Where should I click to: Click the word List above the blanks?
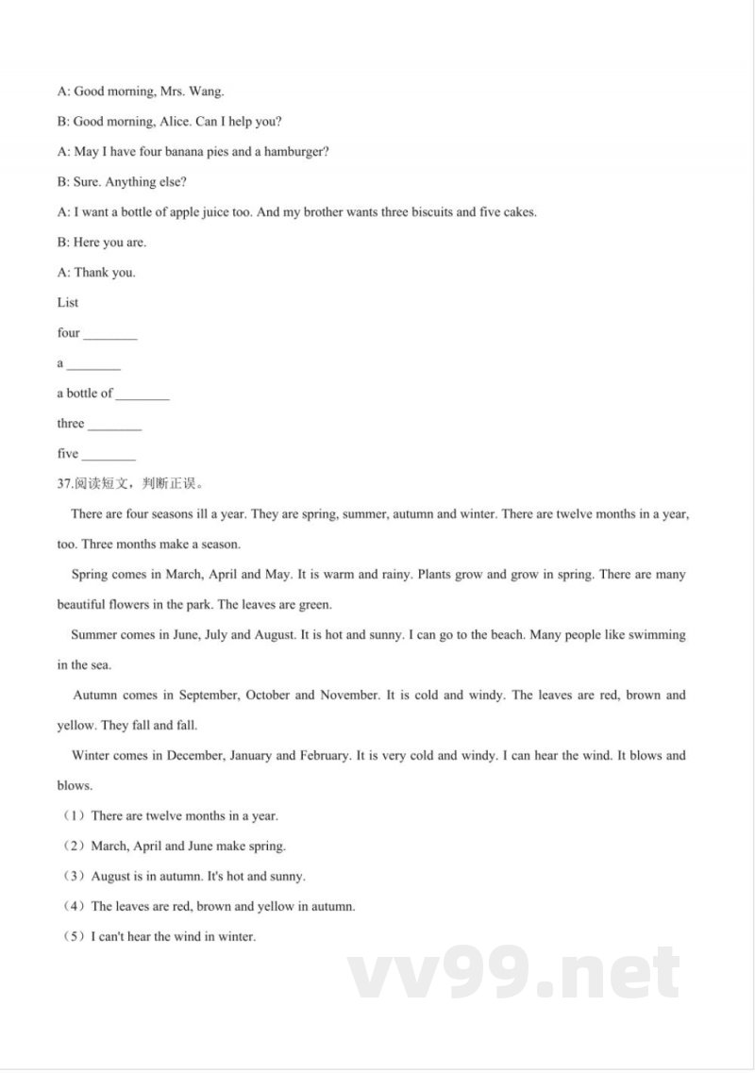point(68,303)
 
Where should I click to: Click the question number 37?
point(64,484)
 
